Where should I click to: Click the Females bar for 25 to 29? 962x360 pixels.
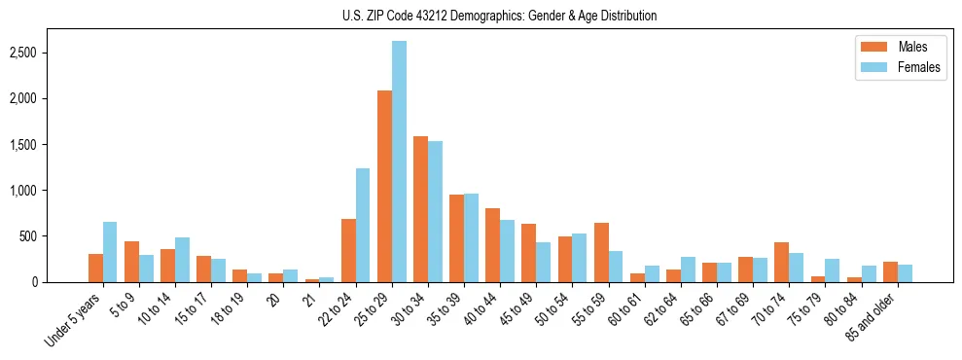click(399, 162)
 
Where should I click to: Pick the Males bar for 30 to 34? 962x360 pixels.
click(421, 209)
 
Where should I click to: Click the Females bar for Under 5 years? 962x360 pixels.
click(110, 252)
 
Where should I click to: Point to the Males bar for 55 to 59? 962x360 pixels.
click(601, 253)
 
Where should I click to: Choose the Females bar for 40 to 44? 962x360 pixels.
click(508, 251)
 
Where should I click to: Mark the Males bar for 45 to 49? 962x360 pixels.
click(529, 253)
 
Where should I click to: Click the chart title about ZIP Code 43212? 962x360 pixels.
click(500, 16)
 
